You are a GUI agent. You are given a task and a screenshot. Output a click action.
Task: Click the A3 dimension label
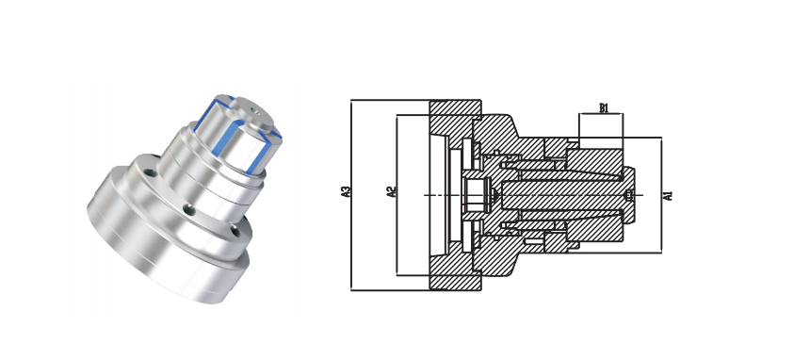[347, 192]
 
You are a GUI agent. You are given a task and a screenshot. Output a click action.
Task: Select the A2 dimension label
[391, 192]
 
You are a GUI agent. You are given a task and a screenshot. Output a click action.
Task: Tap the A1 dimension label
[668, 195]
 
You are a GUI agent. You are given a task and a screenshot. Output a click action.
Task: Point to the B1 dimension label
[604, 107]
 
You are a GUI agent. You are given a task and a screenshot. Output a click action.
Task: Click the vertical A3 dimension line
[351, 195]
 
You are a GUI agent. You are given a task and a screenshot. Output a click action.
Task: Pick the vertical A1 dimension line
[661, 195]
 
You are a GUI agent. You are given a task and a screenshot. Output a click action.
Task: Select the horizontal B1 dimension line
[601, 114]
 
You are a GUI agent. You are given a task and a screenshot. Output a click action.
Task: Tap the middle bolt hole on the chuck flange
[189, 209]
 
